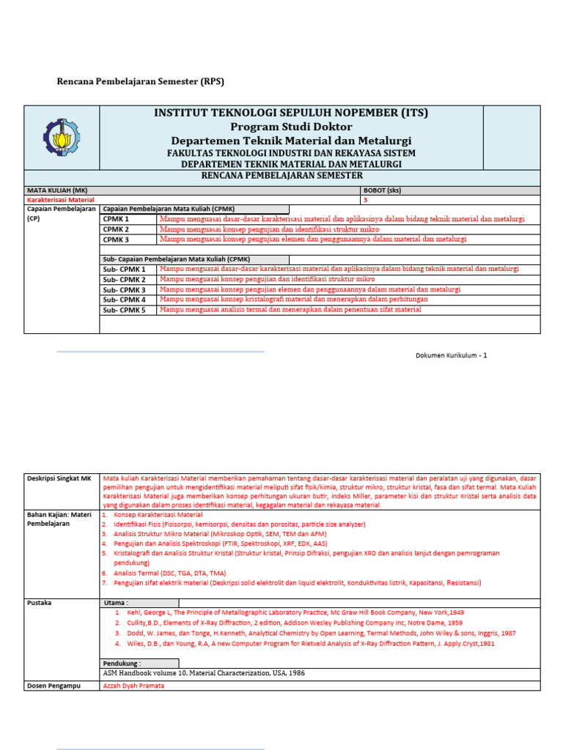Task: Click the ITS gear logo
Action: tap(62, 138)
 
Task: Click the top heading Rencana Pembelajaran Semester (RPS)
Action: tap(141, 81)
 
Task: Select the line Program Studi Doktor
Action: tap(291, 127)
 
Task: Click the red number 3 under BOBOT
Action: tap(365, 200)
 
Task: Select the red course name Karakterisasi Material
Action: tap(61, 200)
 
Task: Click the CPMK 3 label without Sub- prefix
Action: tap(116, 240)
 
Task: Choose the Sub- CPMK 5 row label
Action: tap(124, 310)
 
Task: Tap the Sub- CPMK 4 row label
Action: tap(124, 300)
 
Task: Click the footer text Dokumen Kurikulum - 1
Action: tap(451, 355)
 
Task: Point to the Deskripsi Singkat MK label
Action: tap(59, 478)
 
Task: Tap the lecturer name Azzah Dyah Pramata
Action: tap(133, 686)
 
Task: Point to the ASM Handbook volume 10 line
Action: tap(204, 672)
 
